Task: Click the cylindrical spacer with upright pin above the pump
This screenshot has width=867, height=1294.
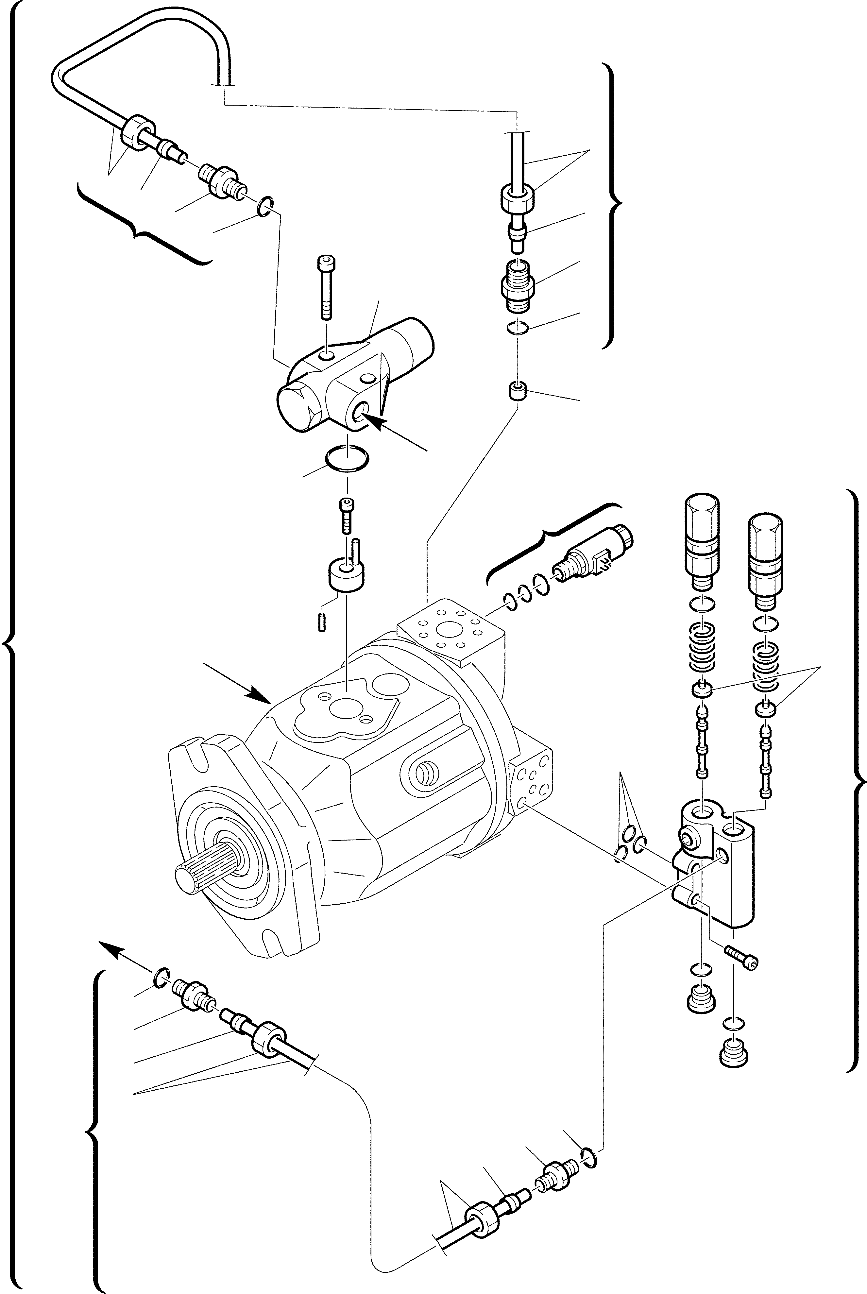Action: click(x=347, y=575)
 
